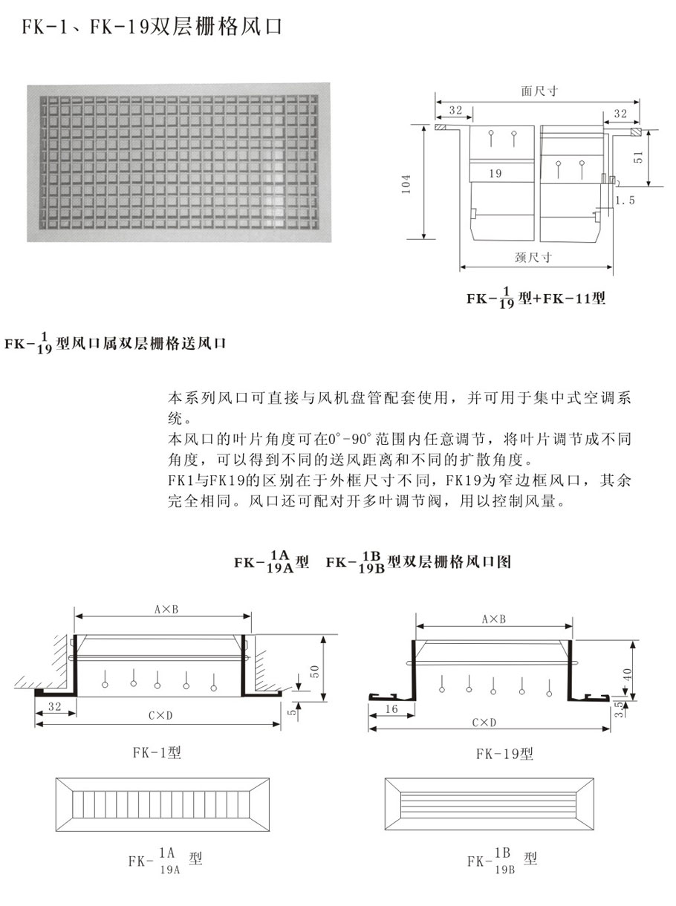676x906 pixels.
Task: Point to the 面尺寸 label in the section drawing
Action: [539, 91]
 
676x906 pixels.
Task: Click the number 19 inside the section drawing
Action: [496, 172]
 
